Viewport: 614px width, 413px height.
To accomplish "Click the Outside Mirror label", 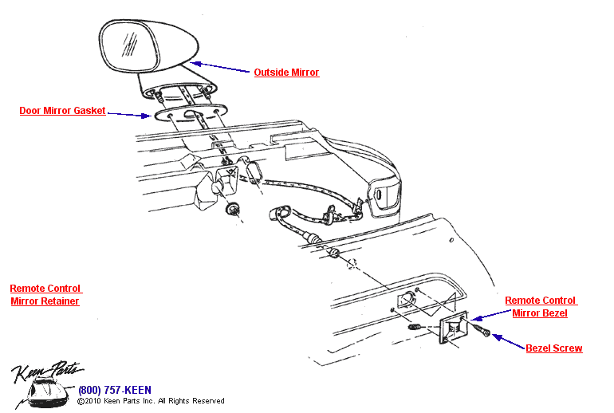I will [x=286, y=73].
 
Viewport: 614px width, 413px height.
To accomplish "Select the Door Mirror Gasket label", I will [x=62, y=111].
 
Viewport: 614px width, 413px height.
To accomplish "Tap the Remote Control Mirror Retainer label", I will [x=45, y=295].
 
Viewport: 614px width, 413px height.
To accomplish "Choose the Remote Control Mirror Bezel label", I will [x=541, y=307].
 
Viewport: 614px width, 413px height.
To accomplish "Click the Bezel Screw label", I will [x=553, y=348].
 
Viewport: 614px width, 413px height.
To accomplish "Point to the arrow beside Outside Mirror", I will [x=220, y=68].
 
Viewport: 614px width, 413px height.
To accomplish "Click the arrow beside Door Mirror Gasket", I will [x=128, y=114].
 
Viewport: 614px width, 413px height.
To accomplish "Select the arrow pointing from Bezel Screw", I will [x=508, y=342].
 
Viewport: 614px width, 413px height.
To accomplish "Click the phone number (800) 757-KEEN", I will [x=115, y=390].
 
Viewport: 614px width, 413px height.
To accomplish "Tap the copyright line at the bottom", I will [x=151, y=401].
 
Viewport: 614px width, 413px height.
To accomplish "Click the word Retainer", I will [x=60, y=301].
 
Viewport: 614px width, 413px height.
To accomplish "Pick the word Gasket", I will [x=88, y=111].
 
